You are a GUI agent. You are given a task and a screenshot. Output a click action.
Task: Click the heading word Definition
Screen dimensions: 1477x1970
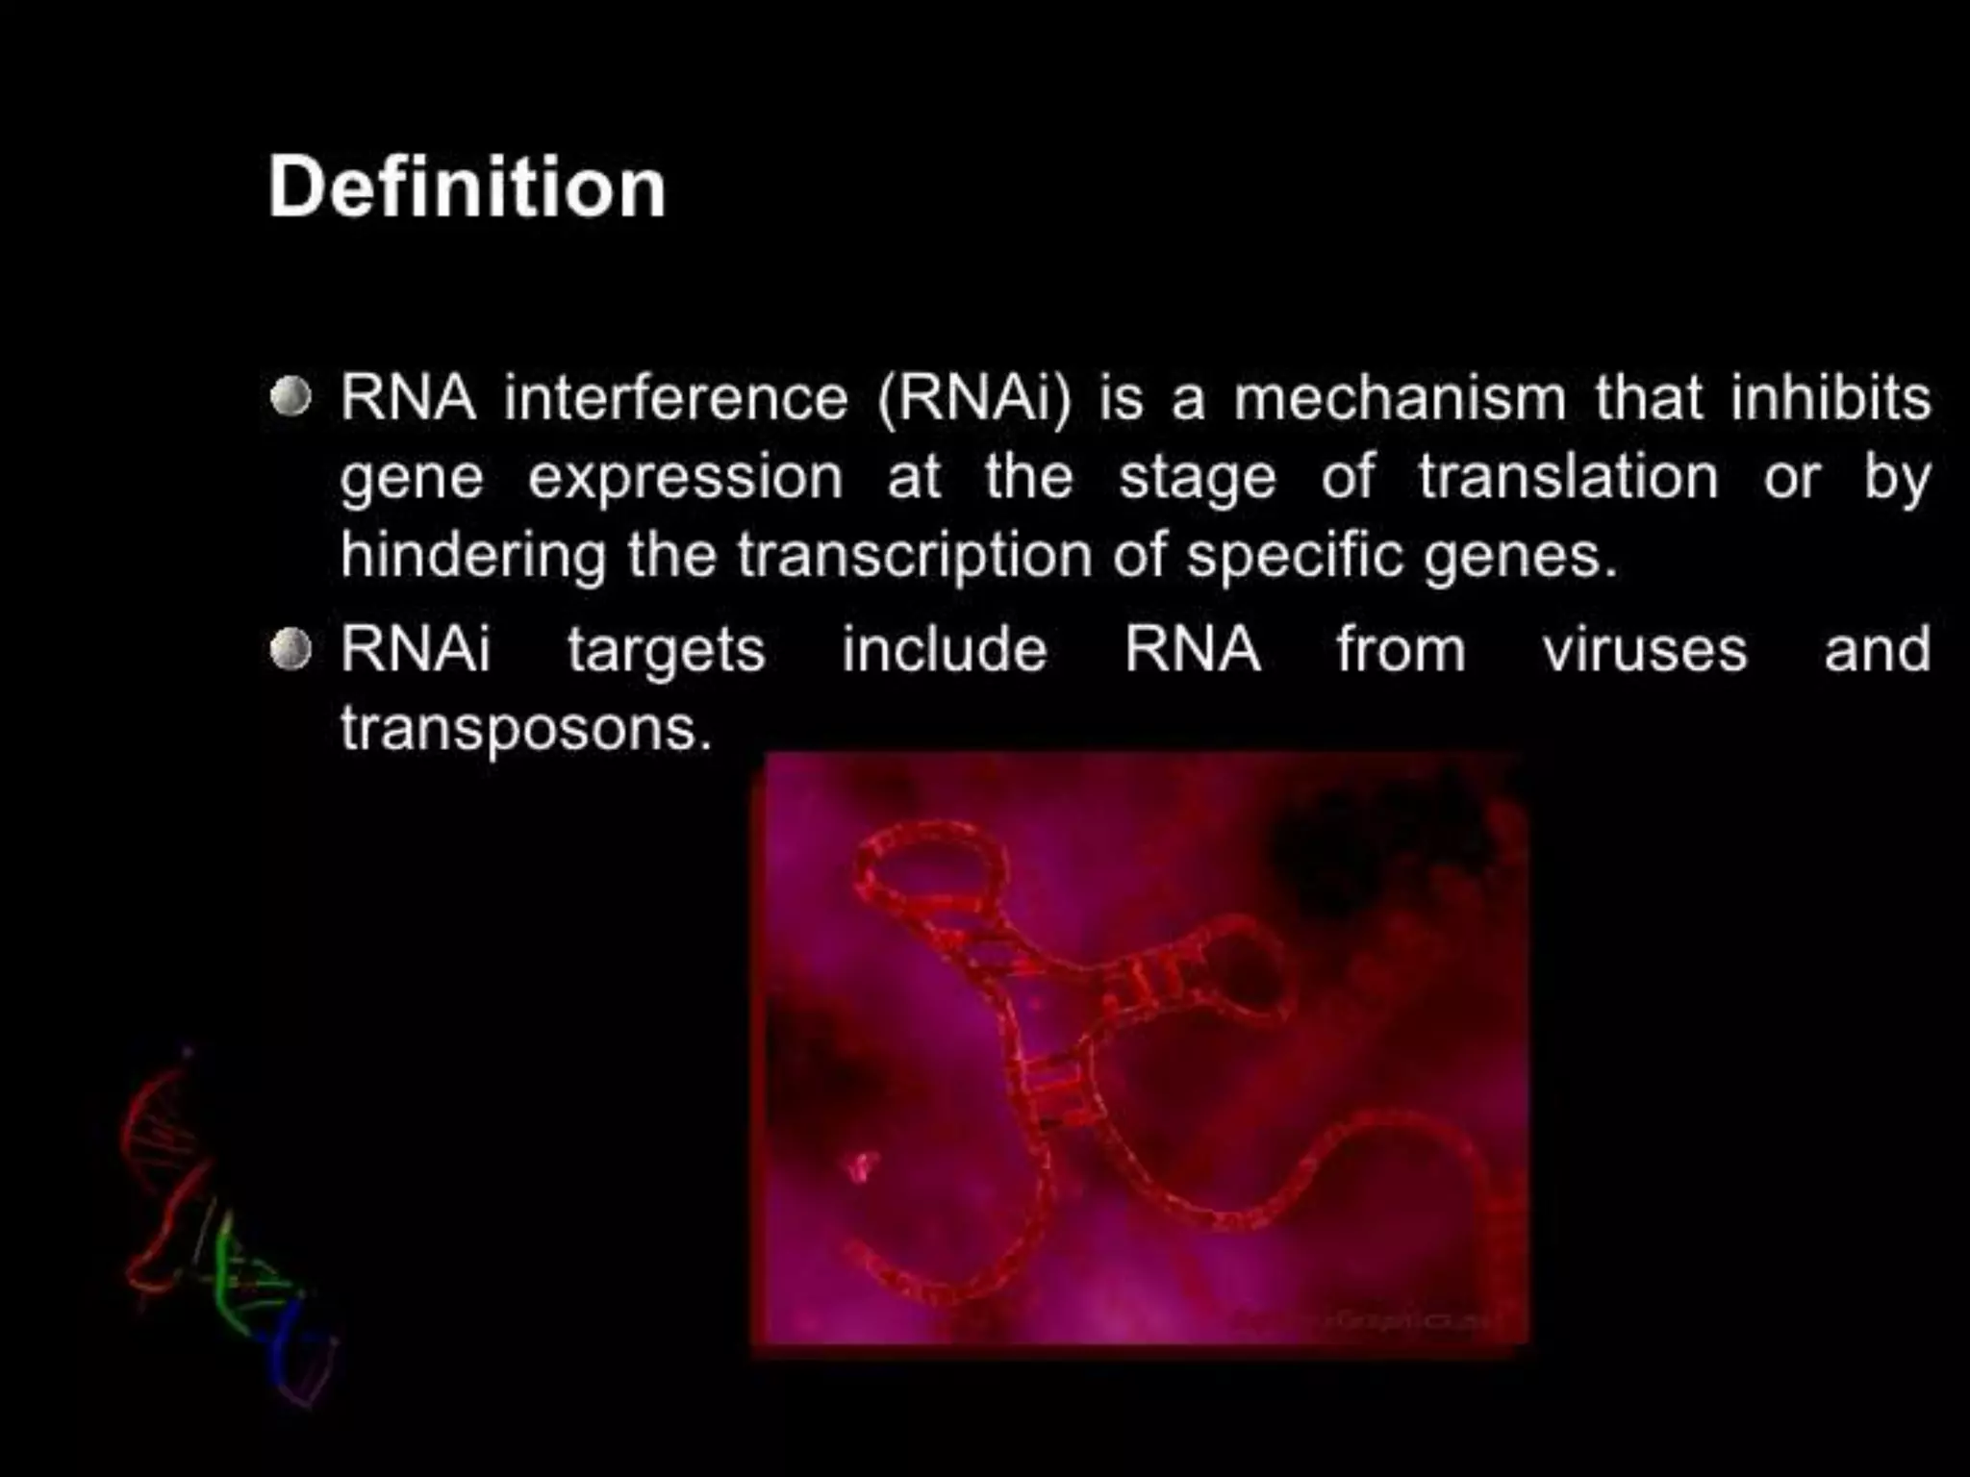pyautogui.click(x=467, y=188)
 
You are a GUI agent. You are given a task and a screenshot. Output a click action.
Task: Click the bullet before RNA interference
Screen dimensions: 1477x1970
pyautogui.click(x=290, y=397)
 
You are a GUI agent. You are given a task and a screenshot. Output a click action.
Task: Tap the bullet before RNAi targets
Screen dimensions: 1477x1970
pyautogui.click(x=290, y=650)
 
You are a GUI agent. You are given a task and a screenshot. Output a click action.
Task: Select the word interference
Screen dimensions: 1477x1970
pyautogui.click(x=675, y=398)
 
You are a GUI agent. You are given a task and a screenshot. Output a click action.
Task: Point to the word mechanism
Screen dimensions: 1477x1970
pyautogui.click(x=1400, y=398)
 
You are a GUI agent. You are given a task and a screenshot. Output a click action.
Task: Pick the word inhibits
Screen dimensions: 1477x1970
pyautogui.click(x=1831, y=398)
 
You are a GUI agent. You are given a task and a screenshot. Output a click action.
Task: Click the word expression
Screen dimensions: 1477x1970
pyautogui.click(x=686, y=479)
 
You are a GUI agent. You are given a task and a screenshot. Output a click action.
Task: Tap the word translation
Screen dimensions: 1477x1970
pyautogui.click(x=1568, y=477)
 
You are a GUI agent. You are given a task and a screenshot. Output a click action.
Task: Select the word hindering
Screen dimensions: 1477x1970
pyautogui.click(x=472, y=557)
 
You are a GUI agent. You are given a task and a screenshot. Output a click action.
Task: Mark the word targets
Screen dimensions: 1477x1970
pyautogui.click(x=666, y=651)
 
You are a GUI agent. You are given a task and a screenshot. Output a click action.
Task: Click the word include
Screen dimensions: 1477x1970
pyautogui.click(x=944, y=649)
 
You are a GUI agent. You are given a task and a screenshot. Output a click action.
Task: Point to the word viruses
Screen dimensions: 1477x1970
pyautogui.click(x=1644, y=650)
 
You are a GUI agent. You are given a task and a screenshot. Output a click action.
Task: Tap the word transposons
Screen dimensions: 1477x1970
pyautogui.click(x=525, y=729)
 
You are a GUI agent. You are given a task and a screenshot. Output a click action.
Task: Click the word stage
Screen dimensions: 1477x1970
pyautogui.click(x=1197, y=479)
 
